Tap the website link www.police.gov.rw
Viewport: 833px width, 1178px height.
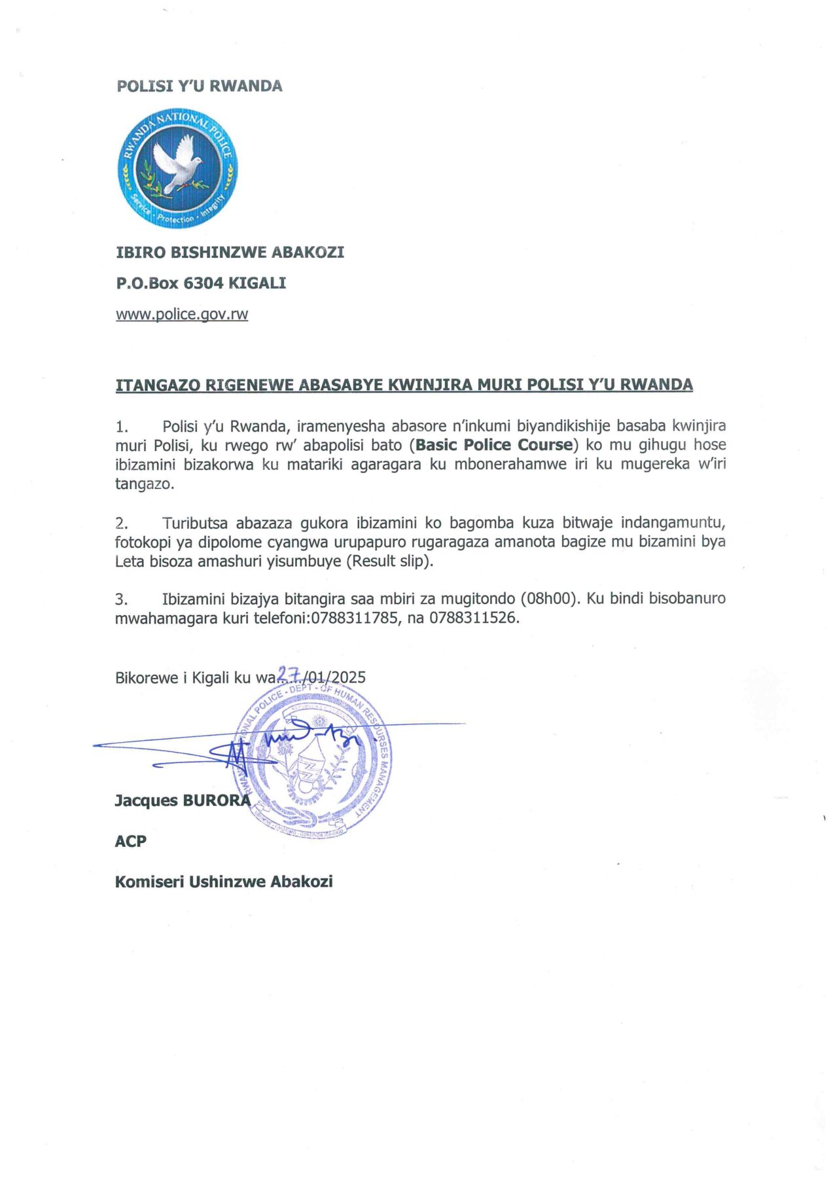182,314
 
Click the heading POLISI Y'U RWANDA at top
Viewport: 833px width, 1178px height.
199,86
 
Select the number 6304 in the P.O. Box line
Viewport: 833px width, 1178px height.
204,283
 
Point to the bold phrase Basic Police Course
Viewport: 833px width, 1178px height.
494,445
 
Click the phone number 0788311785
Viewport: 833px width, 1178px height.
354,618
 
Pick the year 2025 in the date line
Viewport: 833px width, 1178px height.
348,677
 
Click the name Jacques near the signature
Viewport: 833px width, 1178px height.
145,800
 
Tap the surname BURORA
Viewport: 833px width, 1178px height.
216,800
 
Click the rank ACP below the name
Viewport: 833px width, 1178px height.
130,841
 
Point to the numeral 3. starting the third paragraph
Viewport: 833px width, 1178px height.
121,599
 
